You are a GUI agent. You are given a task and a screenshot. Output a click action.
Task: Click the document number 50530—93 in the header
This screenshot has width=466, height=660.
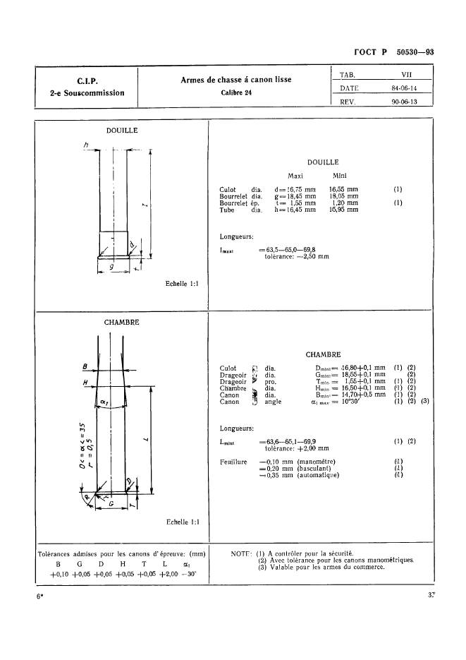[x=414, y=51]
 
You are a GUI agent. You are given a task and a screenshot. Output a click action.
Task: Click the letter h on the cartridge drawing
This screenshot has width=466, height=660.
[x=85, y=145]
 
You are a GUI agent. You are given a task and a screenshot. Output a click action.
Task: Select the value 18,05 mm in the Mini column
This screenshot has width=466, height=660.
[x=343, y=196]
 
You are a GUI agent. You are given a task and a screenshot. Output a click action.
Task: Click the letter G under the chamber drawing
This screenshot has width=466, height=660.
[x=111, y=504]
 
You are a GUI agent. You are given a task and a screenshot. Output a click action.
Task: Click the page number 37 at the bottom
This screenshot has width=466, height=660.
[x=429, y=596]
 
